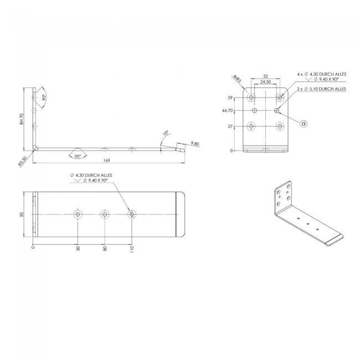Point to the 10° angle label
(166, 133)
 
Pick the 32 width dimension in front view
(266, 77)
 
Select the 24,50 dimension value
(266, 83)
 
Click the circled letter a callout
(303, 123)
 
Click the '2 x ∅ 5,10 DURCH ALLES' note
(321, 88)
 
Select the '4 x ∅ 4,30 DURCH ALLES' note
(321, 74)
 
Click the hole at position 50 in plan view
(78, 214)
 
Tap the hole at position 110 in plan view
(131, 214)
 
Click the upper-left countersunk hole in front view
(252, 97)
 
